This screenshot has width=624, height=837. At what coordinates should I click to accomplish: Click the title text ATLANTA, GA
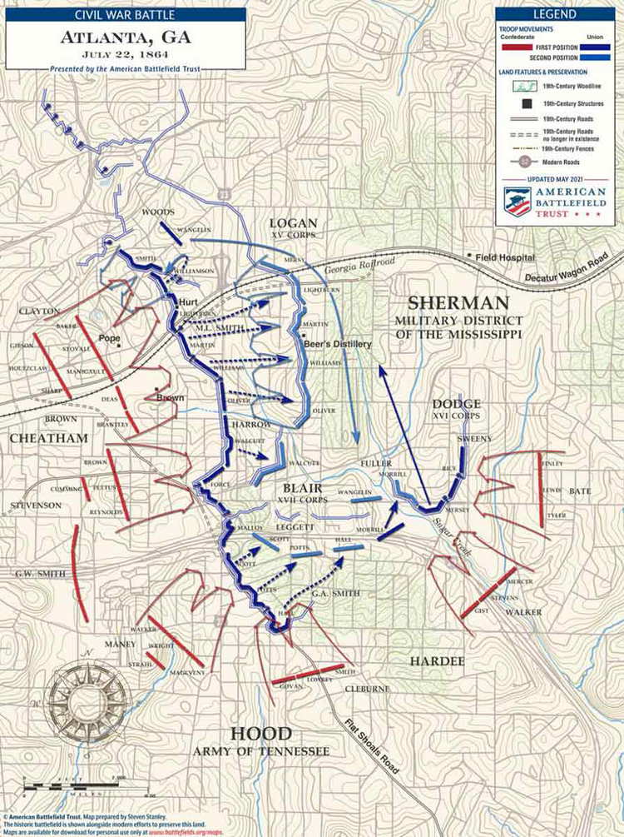125,37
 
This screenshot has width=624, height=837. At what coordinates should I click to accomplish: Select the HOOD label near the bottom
261,734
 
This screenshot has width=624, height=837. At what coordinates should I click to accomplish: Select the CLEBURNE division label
363,690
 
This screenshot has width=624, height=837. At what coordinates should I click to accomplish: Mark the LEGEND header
555,14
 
